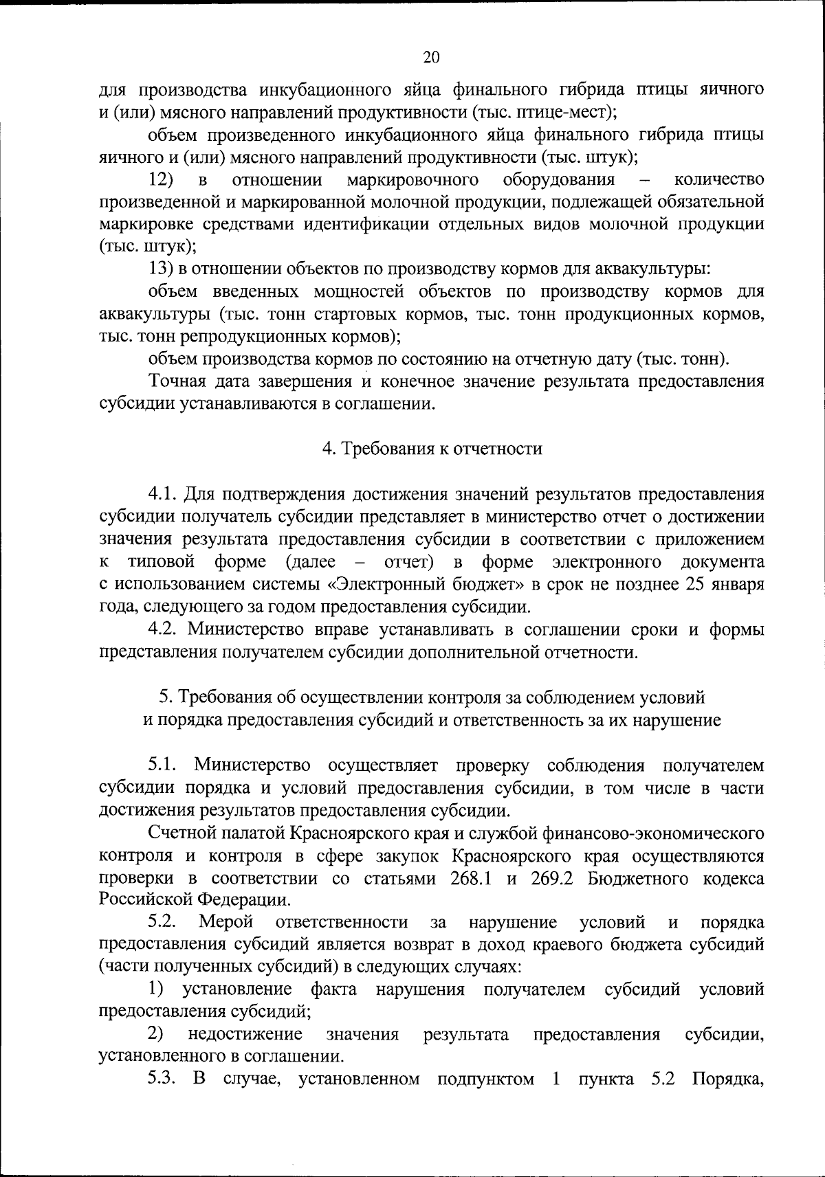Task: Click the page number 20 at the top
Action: tap(432, 57)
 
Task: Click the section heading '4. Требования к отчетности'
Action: tap(432, 449)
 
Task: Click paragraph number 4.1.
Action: tap(164, 494)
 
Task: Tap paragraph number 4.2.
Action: tap(164, 629)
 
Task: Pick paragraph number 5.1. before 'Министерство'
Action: tap(164, 765)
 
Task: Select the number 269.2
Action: tap(552, 879)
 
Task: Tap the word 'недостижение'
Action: tap(245, 1034)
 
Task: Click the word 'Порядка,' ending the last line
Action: tap(728, 1079)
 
